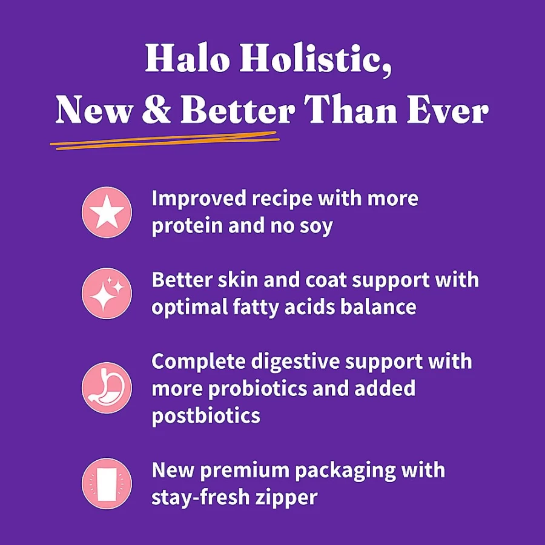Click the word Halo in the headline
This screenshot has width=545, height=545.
pyautogui.click(x=187, y=58)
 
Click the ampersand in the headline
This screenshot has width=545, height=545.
pyautogui.click(x=156, y=108)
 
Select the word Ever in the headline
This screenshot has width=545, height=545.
pyautogui.click(x=448, y=108)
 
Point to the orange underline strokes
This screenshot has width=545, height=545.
pyautogui.click(x=165, y=140)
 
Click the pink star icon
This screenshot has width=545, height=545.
pyautogui.click(x=107, y=212)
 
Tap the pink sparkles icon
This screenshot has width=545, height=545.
pyautogui.click(x=107, y=293)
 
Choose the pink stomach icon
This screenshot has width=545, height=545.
pyautogui.click(x=107, y=388)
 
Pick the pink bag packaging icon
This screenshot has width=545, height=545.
pyautogui.click(x=107, y=483)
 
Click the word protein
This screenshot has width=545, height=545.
pyautogui.click(x=187, y=226)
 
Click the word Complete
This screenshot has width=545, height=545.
pyautogui.click(x=199, y=362)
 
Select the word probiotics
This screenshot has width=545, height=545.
pyautogui.click(x=257, y=389)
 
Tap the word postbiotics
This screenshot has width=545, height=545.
pyautogui.click(x=206, y=415)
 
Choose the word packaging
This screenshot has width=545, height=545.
pyautogui.click(x=345, y=471)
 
